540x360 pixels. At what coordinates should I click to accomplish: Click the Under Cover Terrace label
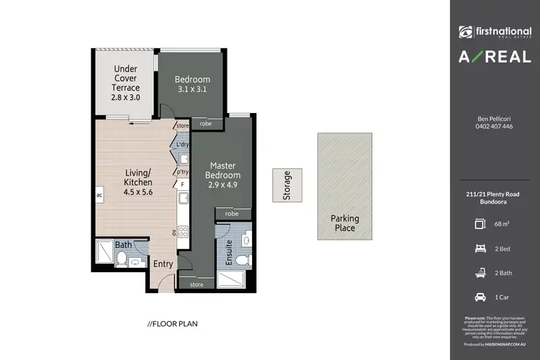[x=125, y=83]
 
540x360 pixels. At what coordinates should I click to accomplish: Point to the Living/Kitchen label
[x=138, y=182]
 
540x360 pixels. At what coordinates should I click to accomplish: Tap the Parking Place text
[x=344, y=223]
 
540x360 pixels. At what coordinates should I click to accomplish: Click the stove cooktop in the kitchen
[x=182, y=231]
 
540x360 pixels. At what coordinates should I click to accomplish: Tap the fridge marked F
[x=182, y=185]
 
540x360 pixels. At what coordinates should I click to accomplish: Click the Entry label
[x=163, y=264]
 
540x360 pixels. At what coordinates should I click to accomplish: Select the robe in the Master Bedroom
[x=232, y=213]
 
